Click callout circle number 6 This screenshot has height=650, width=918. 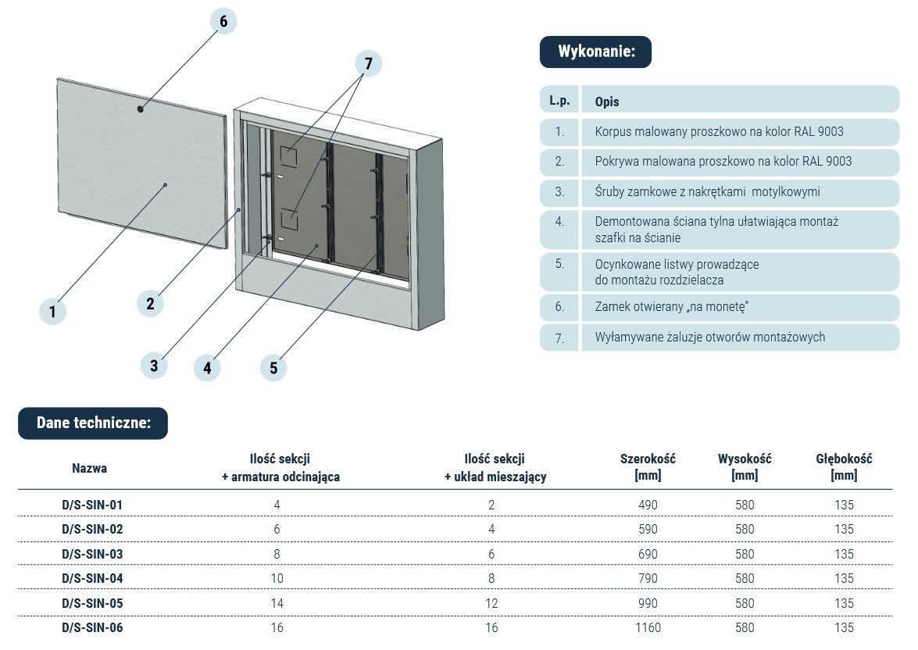[x=223, y=21]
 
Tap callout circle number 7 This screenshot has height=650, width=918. [x=368, y=63]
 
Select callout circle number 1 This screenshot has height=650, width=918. [x=52, y=312]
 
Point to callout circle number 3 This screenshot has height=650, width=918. [x=154, y=364]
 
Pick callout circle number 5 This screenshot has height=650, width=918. [x=273, y=368]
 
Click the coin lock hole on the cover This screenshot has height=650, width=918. [x=141, y=109]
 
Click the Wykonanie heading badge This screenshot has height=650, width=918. [x=595, y=52]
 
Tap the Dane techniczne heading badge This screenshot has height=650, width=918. [x=93, y=423]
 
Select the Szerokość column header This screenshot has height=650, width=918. [x=648, y=466]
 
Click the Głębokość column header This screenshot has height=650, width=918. [x=844, y=466]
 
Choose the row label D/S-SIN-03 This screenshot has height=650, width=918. [x=92, y=554]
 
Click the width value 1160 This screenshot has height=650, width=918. [x=648, y=628]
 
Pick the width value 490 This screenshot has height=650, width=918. [x=648, y=505]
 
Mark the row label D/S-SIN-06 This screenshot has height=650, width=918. [x=92, y=628]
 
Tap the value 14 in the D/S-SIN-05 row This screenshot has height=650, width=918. [x=277, y=603]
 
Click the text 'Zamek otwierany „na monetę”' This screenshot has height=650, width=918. [x=671, y=307]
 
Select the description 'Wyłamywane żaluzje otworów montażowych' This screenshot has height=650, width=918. [x=709, y=337]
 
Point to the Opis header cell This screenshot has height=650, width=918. [x=607, y=102]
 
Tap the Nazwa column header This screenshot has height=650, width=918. [x=90, y=469]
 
